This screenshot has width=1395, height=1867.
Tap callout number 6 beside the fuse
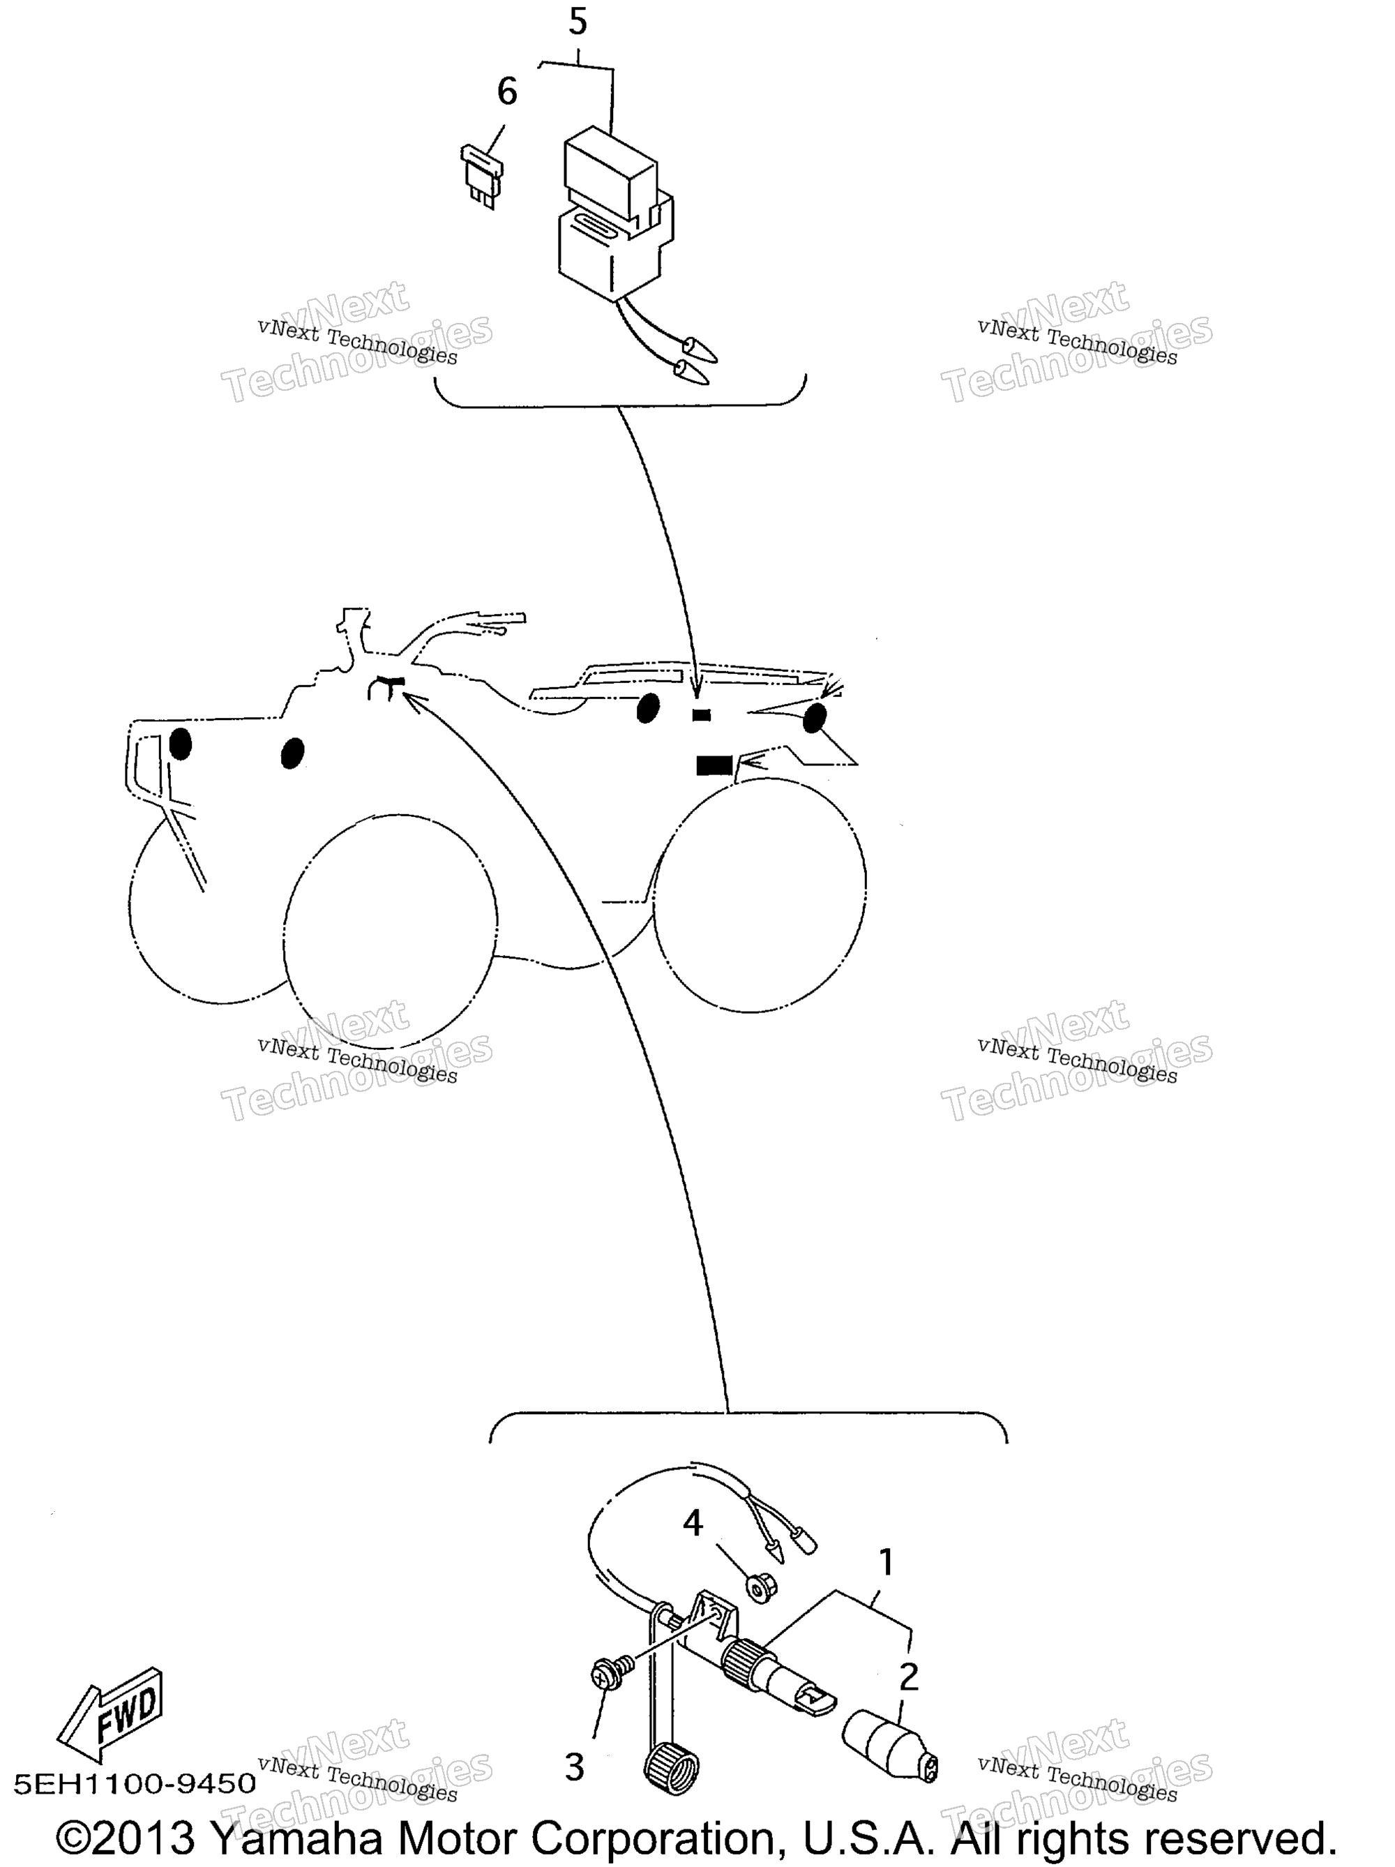click(x=506, y=91)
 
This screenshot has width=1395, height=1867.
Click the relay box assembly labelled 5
click(x=616, y=215)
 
